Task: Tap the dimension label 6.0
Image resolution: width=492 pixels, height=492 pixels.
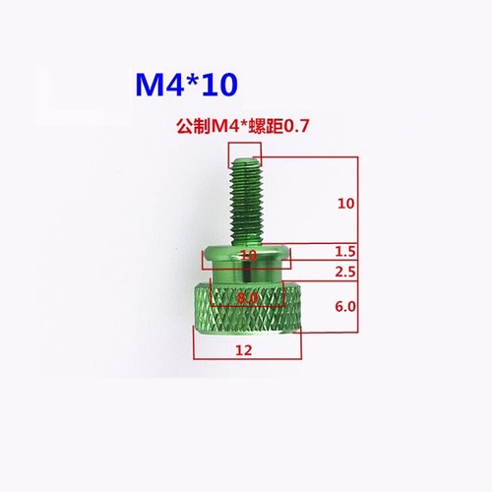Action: coord(345,306)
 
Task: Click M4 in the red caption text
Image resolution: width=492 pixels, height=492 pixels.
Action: coord(224,127)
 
